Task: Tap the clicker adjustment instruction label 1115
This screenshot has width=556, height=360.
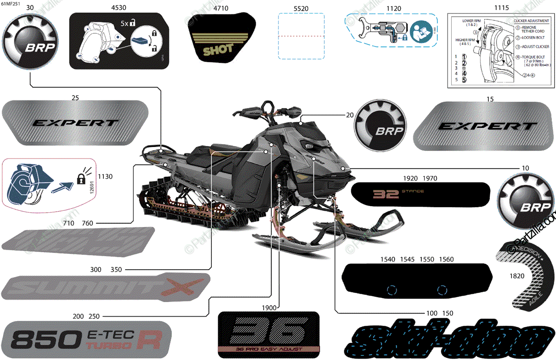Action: pyautogui.click(x=500, y=50)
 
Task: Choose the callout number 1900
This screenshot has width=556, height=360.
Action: pyautogui.click(x=268, y=307)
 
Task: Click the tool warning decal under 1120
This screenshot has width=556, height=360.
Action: pyautogui.click(x=390, y=32)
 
